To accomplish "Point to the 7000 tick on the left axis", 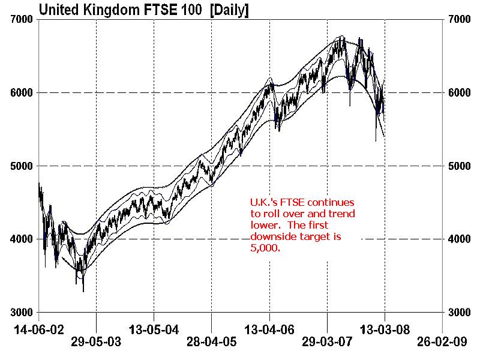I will (x=22, y=20).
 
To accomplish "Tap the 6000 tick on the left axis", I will (x=22, y=93).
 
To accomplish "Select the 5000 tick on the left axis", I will (x=22, y=166).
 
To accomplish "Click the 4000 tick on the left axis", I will (x=22, y=239).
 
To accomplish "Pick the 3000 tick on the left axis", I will (x=22, y=313).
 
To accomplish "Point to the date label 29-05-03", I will (x=96, y=343).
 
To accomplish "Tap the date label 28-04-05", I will (x=212, y=343).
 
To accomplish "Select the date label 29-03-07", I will (x=328, y=343).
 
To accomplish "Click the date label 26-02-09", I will (x=442, y=343).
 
